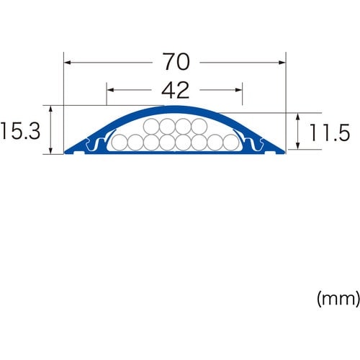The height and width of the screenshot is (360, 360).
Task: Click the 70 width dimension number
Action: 176,63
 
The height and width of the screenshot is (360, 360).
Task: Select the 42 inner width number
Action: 176,90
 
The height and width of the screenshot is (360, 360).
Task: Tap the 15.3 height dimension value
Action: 23,131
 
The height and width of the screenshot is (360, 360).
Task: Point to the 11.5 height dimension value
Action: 329,132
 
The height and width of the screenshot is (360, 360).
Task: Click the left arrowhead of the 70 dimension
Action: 68,63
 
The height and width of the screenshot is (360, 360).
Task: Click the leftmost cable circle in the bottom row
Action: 120,143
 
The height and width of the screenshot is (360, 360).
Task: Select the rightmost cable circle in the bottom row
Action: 230,143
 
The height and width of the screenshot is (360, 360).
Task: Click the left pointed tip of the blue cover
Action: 66,152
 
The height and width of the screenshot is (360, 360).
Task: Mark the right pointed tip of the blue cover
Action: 285,152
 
